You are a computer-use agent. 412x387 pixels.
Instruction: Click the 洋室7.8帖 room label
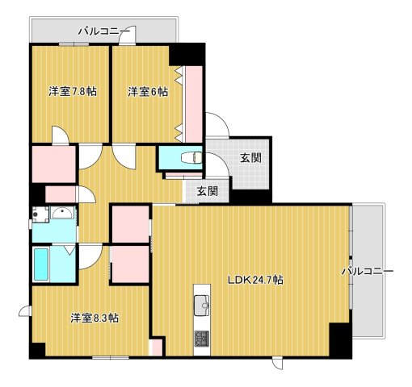[72, 92]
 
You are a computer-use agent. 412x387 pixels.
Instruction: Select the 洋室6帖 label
[148, 92]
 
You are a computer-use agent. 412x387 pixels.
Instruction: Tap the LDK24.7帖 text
[254, 281]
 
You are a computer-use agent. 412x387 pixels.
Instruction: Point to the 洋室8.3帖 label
[95, 318]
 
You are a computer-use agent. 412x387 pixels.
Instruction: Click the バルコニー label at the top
[104, 31]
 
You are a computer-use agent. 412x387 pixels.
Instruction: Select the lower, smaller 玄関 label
[207, 192]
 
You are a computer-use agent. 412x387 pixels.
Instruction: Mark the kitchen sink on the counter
[201, 304]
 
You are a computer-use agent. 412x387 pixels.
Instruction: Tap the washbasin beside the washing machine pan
[61, 214]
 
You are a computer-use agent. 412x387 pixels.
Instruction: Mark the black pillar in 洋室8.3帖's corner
[37, 350]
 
